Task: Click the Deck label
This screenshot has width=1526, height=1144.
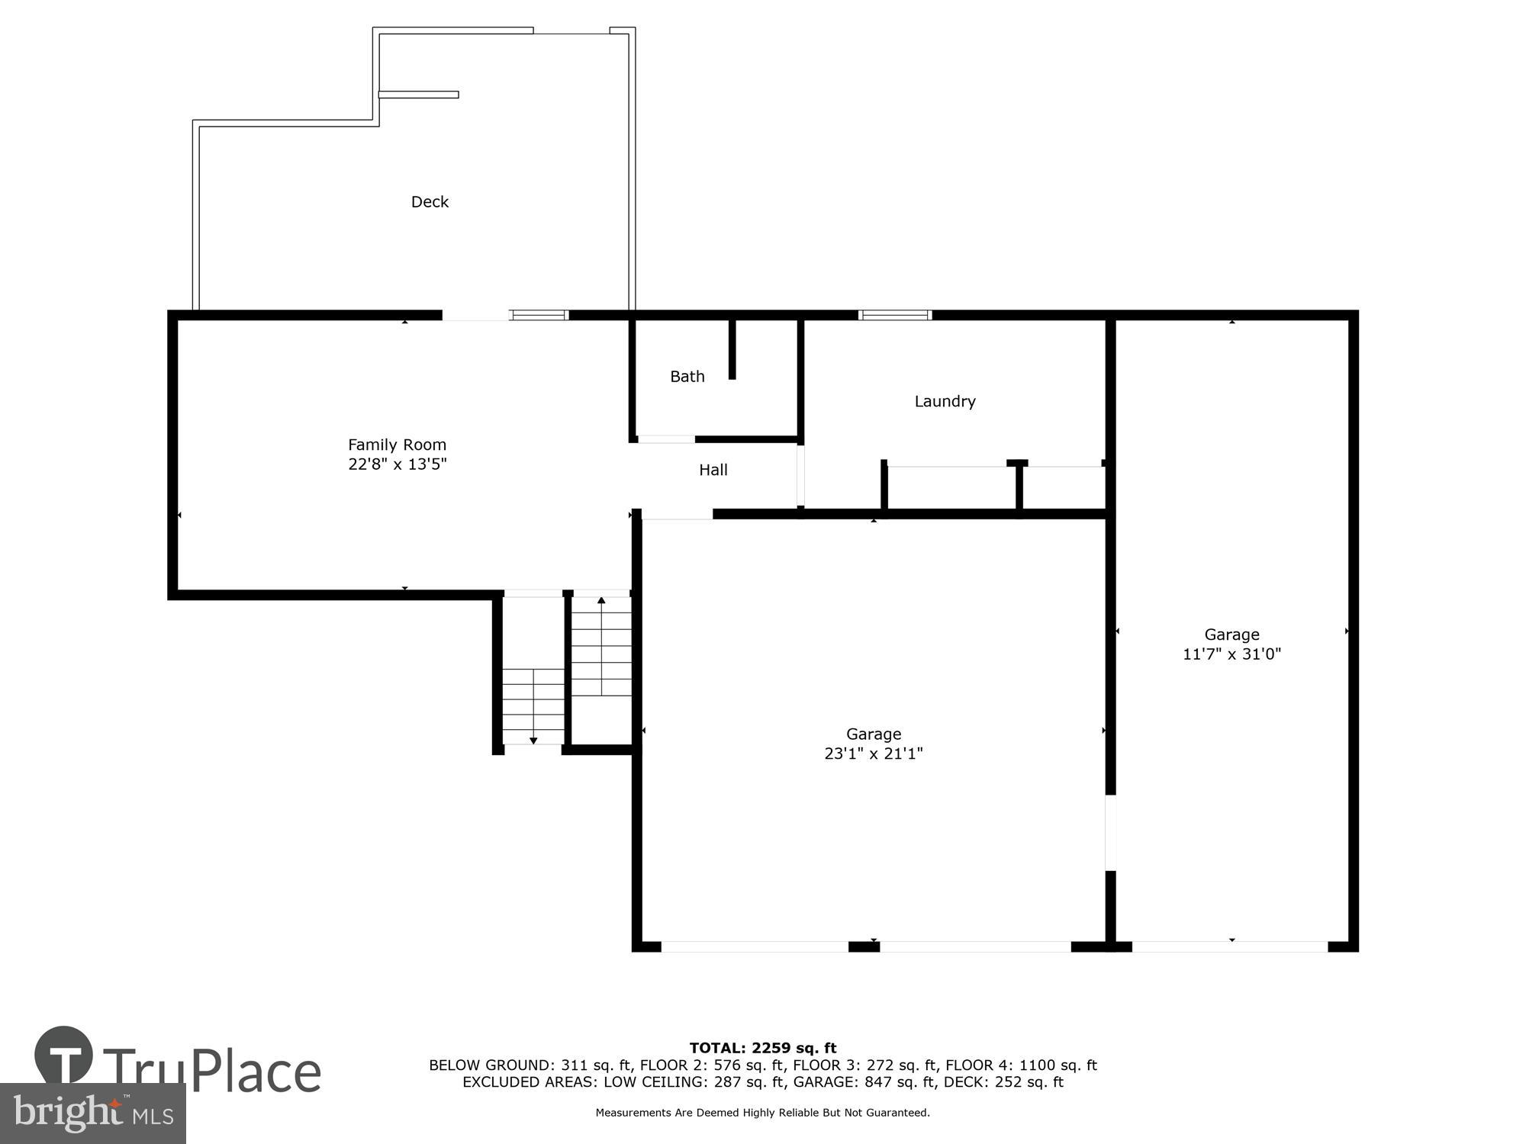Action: [x=430, y=201]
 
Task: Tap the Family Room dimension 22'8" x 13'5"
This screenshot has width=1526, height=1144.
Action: [x=397, y=464]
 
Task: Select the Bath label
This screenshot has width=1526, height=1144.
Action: [x=687, y=376]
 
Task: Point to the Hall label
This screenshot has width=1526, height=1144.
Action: [x=713, y=470]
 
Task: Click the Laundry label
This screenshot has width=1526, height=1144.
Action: [x=945, y=401]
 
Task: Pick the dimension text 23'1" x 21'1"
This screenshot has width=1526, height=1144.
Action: [x=873, y=754]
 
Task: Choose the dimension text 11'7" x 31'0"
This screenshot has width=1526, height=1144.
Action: [x=1231, y=654]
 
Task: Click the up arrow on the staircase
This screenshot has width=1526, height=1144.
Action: [x=601, y=601]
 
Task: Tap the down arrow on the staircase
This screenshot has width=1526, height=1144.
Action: [x=533, y=740]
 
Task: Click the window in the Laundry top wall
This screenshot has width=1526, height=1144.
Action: [x=894, y=315]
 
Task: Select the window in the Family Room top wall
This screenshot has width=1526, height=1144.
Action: [x=539, y=315]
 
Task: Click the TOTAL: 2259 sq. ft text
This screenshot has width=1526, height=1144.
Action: [x=762, y=1048]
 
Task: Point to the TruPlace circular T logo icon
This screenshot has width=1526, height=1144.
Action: [x=64, y=1056]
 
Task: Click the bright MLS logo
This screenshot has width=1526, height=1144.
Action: [x=92, y=1113]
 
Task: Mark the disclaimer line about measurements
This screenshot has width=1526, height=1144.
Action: [x=762, y=1113]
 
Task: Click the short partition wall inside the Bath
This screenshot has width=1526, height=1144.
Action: [x=732, y=349]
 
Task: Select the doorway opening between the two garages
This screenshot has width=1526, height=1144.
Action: [x=1110, y=832]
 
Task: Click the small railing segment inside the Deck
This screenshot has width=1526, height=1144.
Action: [x=418, y=95]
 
